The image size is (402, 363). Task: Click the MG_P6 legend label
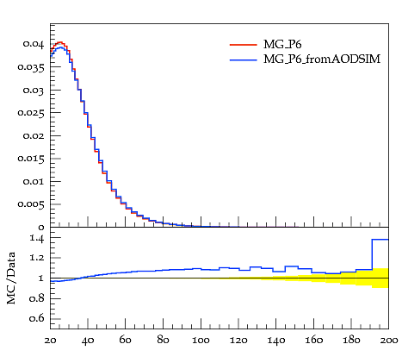click(282, 45)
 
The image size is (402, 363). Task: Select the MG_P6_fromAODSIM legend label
click(322, 59)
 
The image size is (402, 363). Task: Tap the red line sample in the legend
click(244, 45)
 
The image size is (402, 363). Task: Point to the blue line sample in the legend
click(244, 59)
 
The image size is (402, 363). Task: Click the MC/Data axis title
click(11, 278)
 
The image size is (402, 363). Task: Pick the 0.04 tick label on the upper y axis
click(34, 44)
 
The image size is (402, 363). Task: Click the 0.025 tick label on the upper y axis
click(31, 113)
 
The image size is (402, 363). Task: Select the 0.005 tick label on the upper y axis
click(31, 204)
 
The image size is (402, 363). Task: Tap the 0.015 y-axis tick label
click(31, 159)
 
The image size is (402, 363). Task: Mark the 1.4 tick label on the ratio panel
click(37, 238)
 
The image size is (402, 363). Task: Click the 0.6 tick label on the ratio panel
click(37, 318)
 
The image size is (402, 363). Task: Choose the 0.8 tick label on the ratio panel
click(37, 298)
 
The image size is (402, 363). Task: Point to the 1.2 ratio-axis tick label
click(37, 258)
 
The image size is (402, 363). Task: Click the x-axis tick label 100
click(201, 341)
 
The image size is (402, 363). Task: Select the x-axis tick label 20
click(50, 341)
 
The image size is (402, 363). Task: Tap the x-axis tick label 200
click(389, 341)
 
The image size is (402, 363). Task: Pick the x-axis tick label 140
click(276, 341)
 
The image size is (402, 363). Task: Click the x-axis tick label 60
click(126, 341)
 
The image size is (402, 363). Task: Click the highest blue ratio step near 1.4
click(380, 240)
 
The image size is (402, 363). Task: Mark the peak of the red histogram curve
click(60, 42)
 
